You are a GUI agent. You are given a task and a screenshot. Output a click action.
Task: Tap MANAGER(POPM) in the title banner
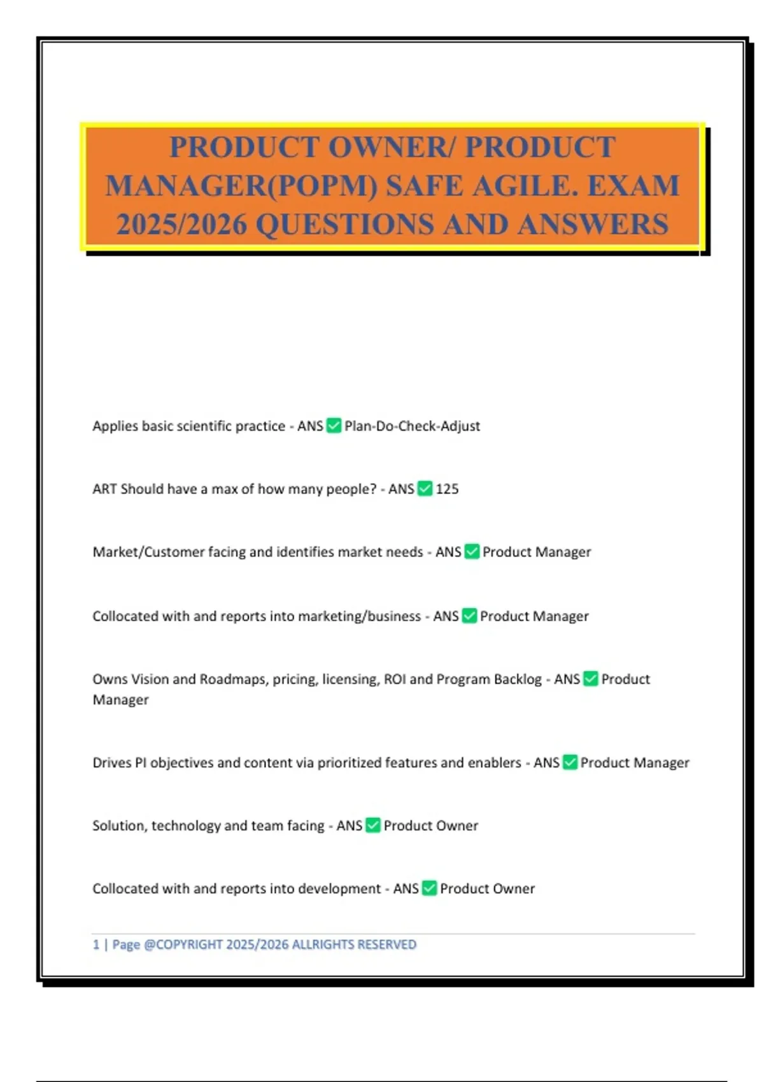click(x=241, y=186)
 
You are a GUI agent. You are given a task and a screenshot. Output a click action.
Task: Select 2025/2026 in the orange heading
click(x=181, y=225)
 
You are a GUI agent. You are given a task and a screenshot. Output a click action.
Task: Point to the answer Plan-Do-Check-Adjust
click(x=412, y=426)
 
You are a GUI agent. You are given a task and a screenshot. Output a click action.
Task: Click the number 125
click(x=447, y=489)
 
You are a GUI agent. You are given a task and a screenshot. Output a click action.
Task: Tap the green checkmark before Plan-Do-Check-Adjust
click(x=334, y=425)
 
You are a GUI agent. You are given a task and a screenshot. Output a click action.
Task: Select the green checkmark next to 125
click(x=425, y=488)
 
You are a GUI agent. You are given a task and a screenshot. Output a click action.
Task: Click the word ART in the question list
click(x=104, y=489)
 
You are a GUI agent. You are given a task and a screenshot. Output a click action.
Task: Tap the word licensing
click(x=351, y=679)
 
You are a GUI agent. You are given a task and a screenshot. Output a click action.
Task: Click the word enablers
click(x=494, y=762)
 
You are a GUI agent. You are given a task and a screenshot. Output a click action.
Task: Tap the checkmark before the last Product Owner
click(x=430, y=888)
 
